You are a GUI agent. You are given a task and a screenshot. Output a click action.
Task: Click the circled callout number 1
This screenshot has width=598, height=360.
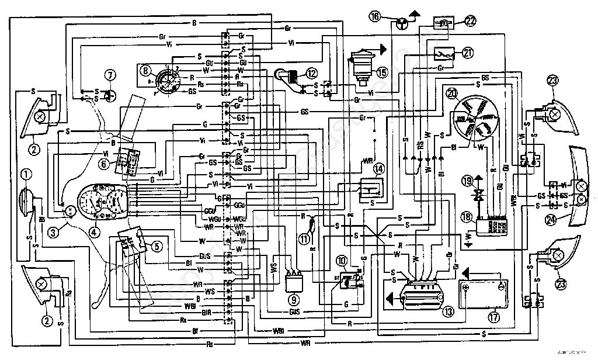(x=26, y=174)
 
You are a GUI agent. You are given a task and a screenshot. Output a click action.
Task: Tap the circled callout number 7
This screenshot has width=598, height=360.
(x=109, y=75)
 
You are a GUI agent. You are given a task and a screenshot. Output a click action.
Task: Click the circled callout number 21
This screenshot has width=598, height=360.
(x=467, y=53)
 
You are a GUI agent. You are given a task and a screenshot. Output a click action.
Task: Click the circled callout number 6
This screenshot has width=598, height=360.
(x=104, y=164)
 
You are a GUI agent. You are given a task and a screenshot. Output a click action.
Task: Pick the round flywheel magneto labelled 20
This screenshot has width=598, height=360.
(x=472, y=117)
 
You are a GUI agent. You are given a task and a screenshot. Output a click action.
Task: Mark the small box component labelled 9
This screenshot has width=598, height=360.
(x=294, y=283)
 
